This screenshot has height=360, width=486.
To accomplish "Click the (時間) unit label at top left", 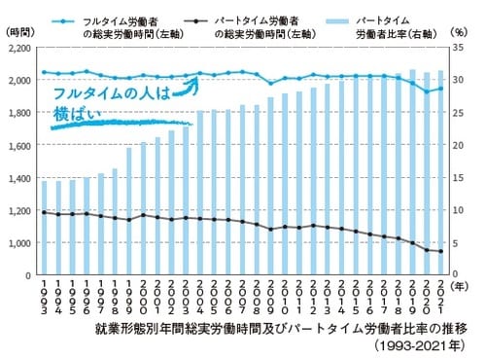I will pyautogui.click(x=19, y=31).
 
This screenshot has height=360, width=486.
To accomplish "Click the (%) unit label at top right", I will pyautogui.click(x=461, y=31).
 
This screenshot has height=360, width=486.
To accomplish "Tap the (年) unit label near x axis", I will pyautogui.click(x=465, y=286).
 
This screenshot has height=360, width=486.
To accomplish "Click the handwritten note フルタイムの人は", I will pyautogui.click(x=115, y=94).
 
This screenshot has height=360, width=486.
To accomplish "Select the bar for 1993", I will pyautogui.click(x=43, y=228).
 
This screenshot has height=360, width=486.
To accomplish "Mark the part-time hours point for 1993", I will pyautogui.click(x=43, y=212).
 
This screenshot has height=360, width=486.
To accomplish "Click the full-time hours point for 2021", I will pyautogui.click(x=442, y=89).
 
